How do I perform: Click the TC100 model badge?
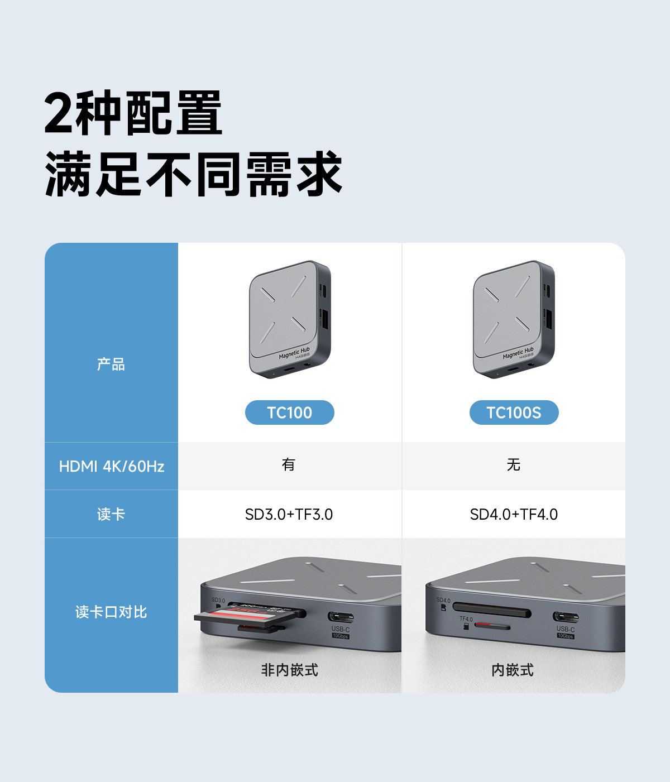289,412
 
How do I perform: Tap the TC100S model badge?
514,412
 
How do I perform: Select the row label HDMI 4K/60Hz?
111,466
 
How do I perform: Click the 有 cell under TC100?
289,464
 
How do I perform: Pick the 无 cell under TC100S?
514,464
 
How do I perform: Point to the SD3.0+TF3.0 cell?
289,514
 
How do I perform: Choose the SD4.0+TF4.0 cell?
514,514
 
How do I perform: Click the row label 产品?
111,364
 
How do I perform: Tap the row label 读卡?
111,514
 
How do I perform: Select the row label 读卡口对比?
111,612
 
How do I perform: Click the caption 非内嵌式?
289,670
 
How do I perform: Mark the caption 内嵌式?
513,670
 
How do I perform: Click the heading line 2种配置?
133,113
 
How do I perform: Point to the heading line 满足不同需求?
193,174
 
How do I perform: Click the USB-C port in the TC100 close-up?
340,617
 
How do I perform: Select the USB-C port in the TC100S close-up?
565,617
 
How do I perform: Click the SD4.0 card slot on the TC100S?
491,610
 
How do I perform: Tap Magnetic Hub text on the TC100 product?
294,353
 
